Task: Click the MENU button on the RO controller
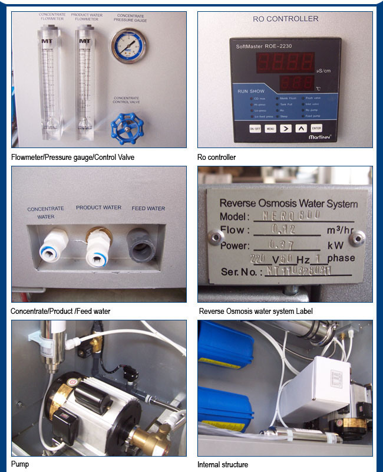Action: click(270, 128)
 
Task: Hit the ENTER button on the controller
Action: click(316, 128)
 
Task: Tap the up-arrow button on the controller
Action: click(301, 128)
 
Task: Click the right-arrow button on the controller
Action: click(285, 128)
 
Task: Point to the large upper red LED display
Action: click(287, 61)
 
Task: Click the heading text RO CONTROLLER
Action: click(285, 19)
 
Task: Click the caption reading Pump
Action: click(19, 464)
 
